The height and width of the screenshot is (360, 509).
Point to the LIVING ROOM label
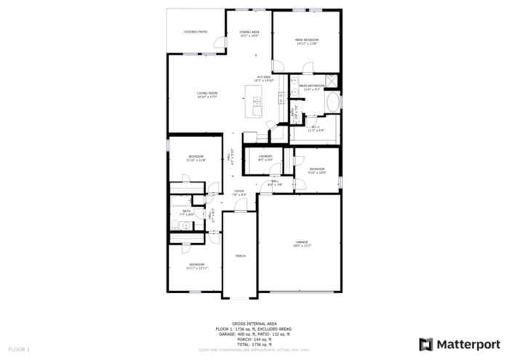[207, 94]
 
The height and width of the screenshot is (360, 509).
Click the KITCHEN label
[263, 77]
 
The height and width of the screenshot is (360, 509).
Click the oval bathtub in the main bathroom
[334, 103]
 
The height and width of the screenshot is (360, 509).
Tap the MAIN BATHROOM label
[311, 86]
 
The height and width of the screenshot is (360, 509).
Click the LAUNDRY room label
[265, 157]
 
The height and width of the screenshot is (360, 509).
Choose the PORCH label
[240, 256]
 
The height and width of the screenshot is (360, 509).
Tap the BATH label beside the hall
[187, 211]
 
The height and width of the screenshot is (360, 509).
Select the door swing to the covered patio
[218, 46]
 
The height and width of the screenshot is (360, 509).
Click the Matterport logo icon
[426, 344]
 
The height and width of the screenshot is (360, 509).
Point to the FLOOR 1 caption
[20, 350]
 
